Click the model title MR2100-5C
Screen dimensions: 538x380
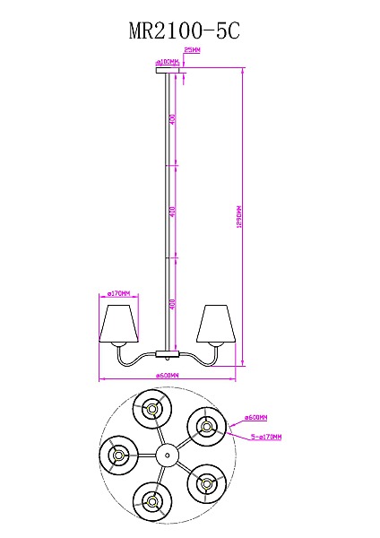click(x=185, y=31)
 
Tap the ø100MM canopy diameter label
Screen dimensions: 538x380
click(x=168, y=62)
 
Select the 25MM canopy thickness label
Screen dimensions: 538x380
click(x=191, y=51)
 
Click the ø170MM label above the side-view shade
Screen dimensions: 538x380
click(x=119, y=293)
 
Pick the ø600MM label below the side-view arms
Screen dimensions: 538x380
click(x=168, y=375)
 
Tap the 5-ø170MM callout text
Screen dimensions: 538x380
click(x=265, y=437)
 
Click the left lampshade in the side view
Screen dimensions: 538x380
click(x=119, y=324)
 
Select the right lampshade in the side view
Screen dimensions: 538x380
click(x=216, y=324)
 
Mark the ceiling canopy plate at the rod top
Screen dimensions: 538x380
click(x=168, y=74)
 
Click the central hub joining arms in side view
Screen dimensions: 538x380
click(x=168, y=352)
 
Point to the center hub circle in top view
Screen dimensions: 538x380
click(x=166, y=456)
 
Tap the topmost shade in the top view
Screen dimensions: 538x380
click(x=152, y=411)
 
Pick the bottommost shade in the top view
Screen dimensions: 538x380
click(x=153, y=499)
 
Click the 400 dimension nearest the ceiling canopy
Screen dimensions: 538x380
click(x=174, y=119)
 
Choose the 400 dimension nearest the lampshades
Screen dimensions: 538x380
click(x=174, y=305)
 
